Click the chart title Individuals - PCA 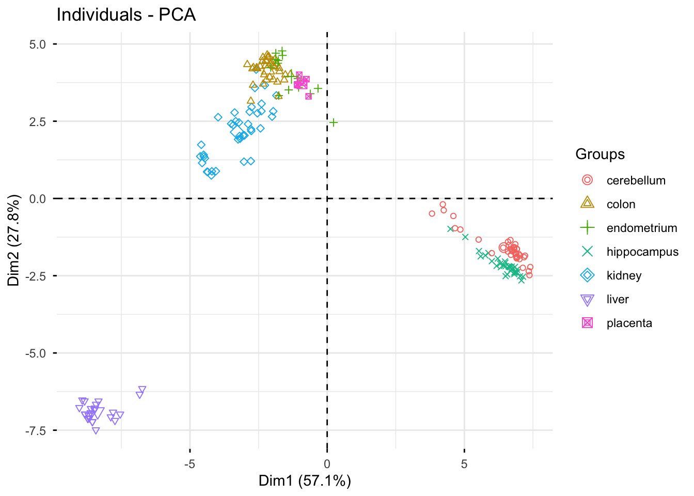coord(126,14)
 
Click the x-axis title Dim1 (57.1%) coord(305,481)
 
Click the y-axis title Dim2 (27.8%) coord(14,240)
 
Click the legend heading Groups coord(600,154)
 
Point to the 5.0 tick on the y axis coord(38,44)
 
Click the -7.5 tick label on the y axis coord(36,430)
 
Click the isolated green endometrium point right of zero coord(334,122)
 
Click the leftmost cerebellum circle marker coord(432,213)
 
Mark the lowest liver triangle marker coord(96,430)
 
